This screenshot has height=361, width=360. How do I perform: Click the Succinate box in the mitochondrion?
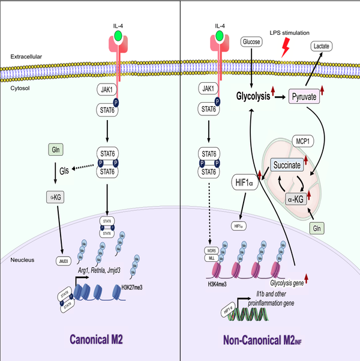pos(287,163)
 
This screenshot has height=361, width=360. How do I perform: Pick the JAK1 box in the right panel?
pos(209,88)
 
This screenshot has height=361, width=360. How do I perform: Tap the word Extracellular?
pos(25,56)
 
